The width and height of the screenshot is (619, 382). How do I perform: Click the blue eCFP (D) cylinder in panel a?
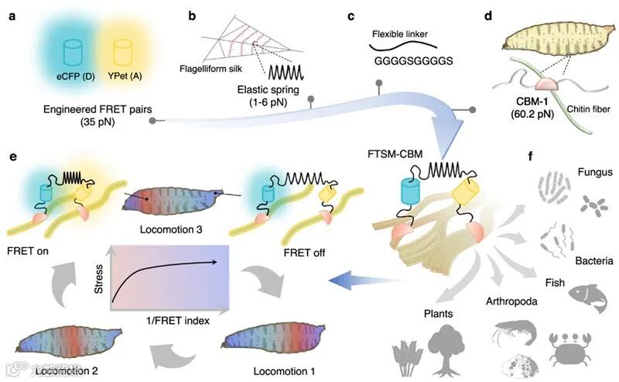point(74,53)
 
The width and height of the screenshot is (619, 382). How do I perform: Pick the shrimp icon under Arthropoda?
point(510,336)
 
